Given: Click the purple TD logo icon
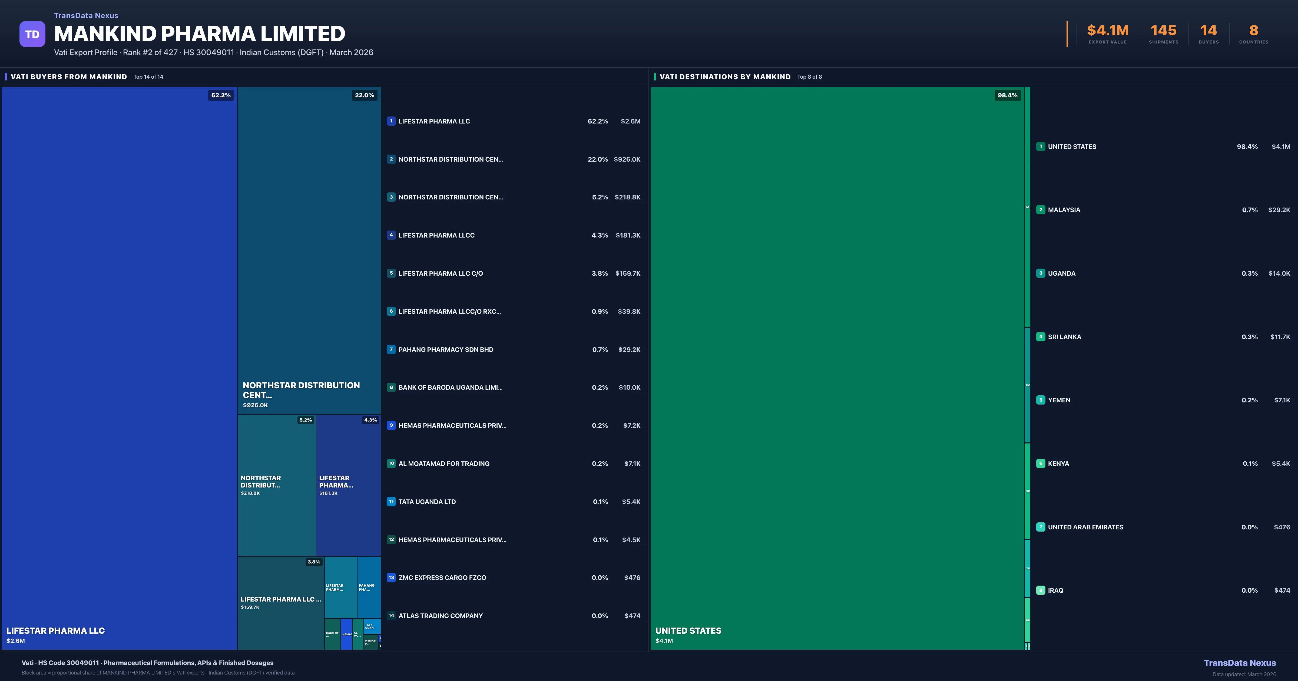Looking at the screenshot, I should click(x=32, y=34).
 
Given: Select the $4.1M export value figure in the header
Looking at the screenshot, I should click(x=1108, y=31).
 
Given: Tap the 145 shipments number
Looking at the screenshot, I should click(x=1163, y=31).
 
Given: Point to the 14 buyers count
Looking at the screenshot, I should click(x=1208, y=31).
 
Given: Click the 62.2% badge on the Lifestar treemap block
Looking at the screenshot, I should click(x=221, y=95).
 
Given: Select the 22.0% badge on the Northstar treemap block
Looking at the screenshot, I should click(x=364, y=95).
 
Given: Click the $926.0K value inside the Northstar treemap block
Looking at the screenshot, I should click(x=256, y=405).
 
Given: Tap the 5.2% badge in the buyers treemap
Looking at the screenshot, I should click(x=305, y=420).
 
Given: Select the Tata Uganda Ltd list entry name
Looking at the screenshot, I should click(x=427, y=502).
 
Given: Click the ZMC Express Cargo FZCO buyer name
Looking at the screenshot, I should click(x=442, y=578).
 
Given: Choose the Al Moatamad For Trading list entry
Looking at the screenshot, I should click(x=443, y=463).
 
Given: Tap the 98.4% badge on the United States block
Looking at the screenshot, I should click(x=1007, y=95).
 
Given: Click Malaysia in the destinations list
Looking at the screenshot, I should click(x=1064, y=210).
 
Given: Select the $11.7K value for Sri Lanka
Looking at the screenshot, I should click(x=1280, y=337).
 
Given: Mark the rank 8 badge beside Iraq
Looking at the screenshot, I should click(x=1041, y=590).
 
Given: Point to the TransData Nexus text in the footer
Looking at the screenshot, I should click(x=1240, y=663).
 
